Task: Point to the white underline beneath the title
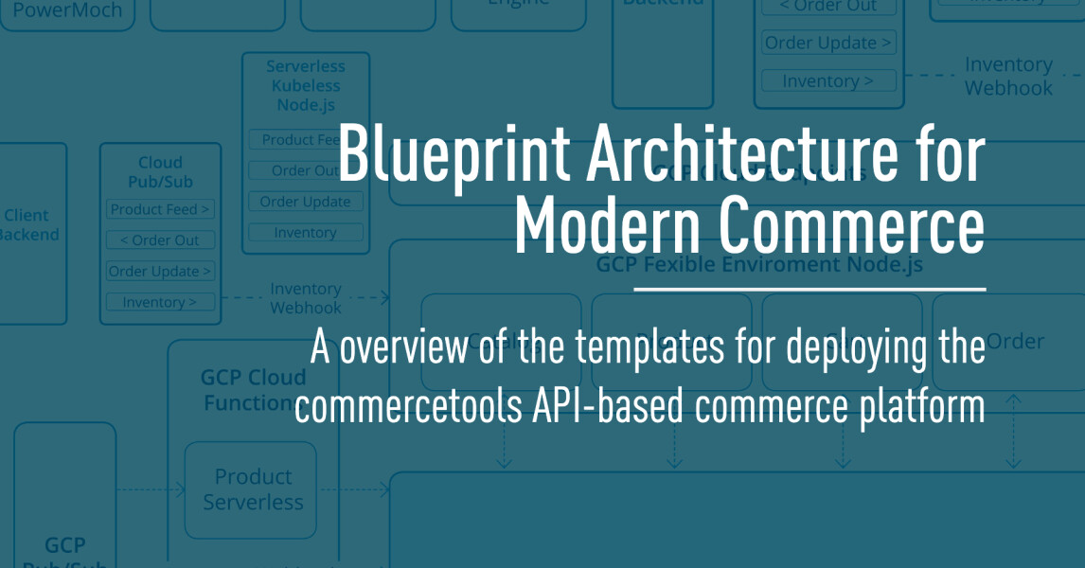809,288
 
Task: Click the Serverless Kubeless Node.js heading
305,85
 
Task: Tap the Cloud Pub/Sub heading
160,172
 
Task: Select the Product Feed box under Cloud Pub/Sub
160,209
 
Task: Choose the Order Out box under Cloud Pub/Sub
160,240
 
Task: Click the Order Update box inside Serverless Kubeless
305,202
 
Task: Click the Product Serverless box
253,489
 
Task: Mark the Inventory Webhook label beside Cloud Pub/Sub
305,298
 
